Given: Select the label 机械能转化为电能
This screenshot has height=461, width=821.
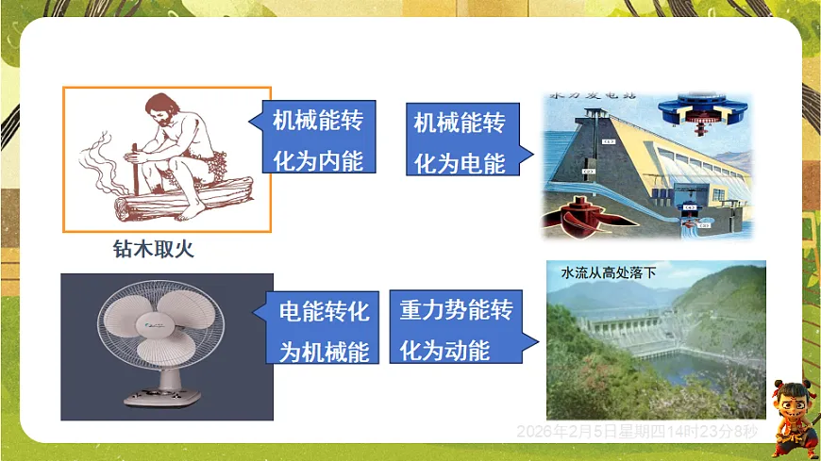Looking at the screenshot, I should [460, 141].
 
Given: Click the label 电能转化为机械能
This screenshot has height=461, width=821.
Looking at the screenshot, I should [324, 330].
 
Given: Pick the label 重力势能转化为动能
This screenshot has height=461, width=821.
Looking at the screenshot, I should [456, 330].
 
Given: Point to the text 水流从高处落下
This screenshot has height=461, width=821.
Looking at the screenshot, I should [608, 273].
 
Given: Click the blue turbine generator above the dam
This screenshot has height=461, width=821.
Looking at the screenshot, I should [699, 111].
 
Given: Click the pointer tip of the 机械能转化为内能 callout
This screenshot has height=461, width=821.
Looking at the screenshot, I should [252, 123].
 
